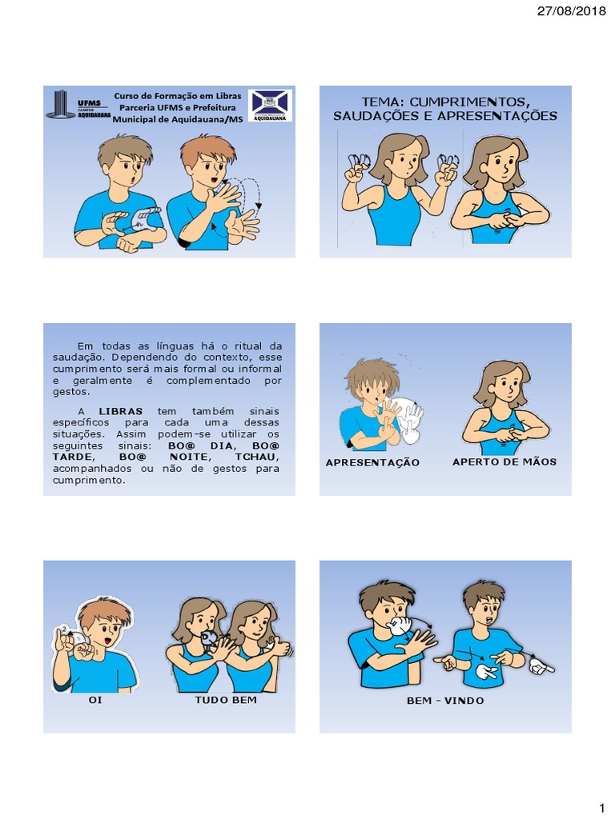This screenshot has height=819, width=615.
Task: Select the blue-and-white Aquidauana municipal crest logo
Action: (271, 105)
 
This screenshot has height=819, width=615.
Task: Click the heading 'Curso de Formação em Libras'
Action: (177, 95)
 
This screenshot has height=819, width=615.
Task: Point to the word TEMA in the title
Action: (380, 102)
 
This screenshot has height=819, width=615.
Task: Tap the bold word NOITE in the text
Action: (193, 456)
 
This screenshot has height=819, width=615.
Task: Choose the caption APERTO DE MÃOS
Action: (504, 461)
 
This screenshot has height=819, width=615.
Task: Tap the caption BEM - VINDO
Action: (445, 701)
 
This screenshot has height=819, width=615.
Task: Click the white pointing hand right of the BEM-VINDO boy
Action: (541, 664)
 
